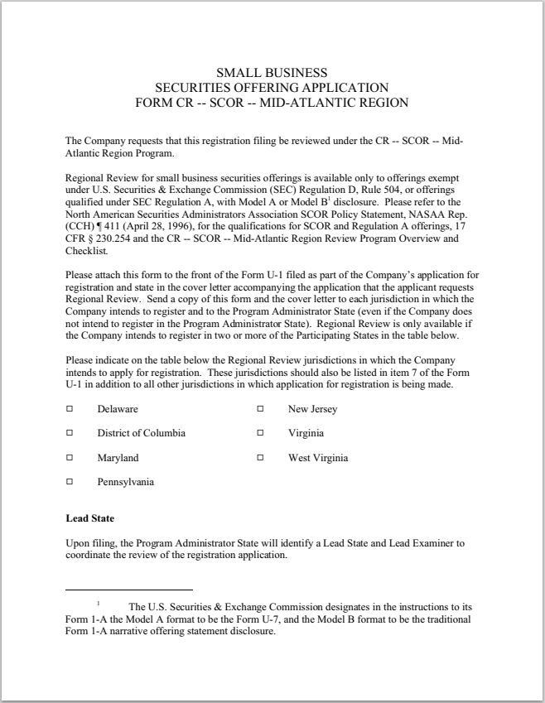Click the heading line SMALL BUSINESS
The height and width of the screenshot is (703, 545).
pos(272,73)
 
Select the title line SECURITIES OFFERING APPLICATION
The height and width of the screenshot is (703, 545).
pos(272,88)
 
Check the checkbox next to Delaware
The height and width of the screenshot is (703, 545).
pos(70,409)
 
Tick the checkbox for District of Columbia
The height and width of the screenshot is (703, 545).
pos(70,433)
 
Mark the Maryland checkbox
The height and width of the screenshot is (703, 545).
pos(70,458)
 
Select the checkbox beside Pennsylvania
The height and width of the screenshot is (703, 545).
pos(70,482)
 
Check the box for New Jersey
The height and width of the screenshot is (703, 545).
pos(260,409)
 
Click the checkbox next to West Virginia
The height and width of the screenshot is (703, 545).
pos(260,458)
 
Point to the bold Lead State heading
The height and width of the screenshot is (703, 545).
pos(89,518)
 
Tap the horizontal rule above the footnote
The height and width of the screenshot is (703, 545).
pos(128,590)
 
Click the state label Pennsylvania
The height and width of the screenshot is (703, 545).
pos(125,482)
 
